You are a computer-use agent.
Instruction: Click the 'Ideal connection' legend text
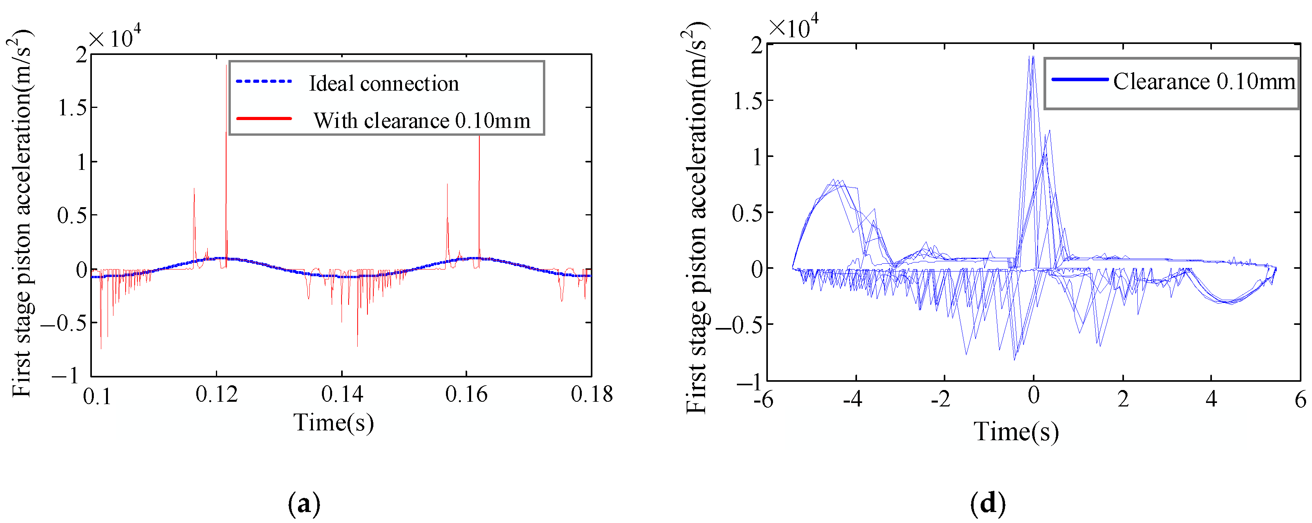(384, 84)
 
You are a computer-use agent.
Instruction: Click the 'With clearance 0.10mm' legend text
(422, 121)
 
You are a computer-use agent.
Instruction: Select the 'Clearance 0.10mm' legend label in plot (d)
(1204, 82)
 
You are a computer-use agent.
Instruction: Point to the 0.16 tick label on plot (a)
(466, 394)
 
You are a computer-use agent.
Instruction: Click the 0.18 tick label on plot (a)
(591, 394)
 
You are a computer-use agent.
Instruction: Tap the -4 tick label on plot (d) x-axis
(852, 399)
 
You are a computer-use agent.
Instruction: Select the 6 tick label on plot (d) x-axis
(1300, 399)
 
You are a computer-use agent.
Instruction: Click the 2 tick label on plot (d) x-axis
(1123, 399)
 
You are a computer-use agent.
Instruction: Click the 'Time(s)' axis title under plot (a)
(334, 423)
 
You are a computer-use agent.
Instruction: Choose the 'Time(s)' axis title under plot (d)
(1016, 432)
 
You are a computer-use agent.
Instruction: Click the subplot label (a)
(304, 504)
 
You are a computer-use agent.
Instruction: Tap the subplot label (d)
(988, 504)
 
